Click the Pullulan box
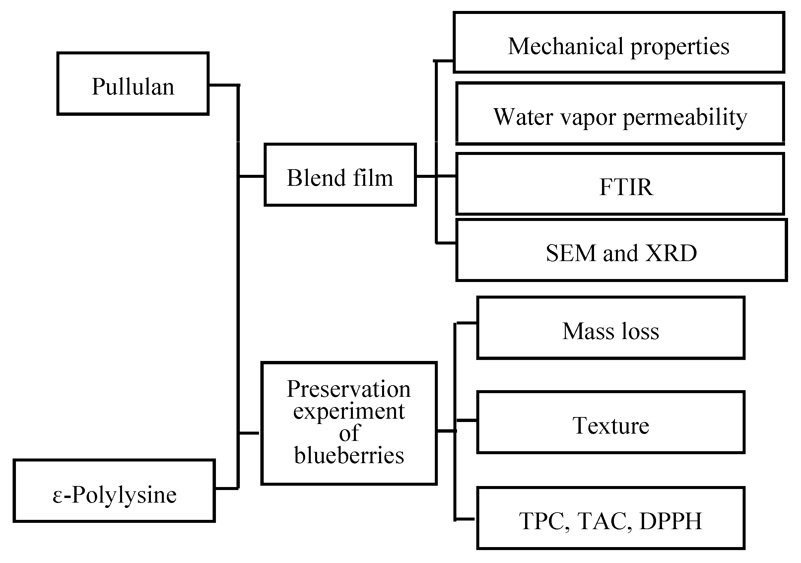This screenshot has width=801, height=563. pyautogui.click(x=133, y=84)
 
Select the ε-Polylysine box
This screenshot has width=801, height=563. pyautogui.click(x=114, y=491)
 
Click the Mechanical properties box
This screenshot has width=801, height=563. pyautogui.click(x=619, y=42)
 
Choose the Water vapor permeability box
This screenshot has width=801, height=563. pyautogui.click(x=620, y=113)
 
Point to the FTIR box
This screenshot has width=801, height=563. pyautogui.click(x=620, y=184)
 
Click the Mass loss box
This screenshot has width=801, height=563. pyautogui.click(x=611, y=328)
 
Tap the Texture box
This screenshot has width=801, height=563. pyautogui.click(x=611, y=422)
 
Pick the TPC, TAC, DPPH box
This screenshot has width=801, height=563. pyautogui.click(x=611, y=518)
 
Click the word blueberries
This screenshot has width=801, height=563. pyautogui.click(x=349, y=456)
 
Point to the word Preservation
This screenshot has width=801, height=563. pyautogui.click(x=349, y=389)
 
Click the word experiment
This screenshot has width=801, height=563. pyautogui.click(x=349, y=411)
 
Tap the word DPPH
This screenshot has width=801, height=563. pyautogui.click(x=671, y=521)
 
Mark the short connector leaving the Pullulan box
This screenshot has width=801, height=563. pyautogui.click(x=223, y=85)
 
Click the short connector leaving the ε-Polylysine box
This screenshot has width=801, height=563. pyautogui.click(x=226, y=488)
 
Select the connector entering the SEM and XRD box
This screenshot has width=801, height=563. pyautogui.click(x=446, y=242)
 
